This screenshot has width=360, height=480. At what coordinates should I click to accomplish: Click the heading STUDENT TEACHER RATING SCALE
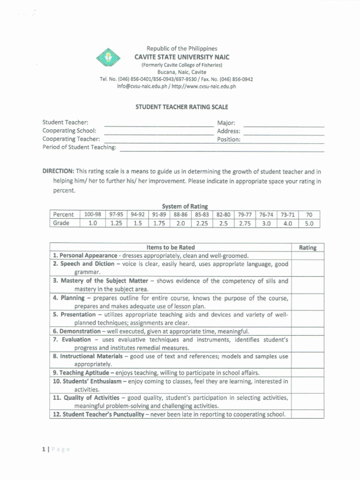coord(182,107)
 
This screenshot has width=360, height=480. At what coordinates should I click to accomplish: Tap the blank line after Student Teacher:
coord(158,124)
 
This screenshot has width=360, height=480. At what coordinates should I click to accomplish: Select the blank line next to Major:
coord(284,124)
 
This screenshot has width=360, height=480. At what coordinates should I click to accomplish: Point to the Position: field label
coord(228,139)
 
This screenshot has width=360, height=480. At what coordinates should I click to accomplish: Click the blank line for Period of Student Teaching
coord(222,149)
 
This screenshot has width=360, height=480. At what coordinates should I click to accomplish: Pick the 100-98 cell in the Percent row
coord(92,215)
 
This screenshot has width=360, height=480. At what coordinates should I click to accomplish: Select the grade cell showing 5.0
coord(309,224)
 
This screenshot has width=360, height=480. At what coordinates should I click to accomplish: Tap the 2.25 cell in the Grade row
coord(202,224)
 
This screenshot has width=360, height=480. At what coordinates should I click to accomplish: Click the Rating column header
coord(307,247)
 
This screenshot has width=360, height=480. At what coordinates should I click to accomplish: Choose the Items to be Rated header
coord(171,247)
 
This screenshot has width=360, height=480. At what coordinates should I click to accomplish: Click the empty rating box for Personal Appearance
coord(307,256)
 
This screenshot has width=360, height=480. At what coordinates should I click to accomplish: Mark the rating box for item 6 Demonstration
coord(307,331)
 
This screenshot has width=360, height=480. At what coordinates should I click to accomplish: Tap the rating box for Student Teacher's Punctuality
coord(307,414)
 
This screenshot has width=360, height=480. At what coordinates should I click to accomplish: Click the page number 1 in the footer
coord(44,450)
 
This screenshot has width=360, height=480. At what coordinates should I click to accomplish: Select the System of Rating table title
coord(185,206)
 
